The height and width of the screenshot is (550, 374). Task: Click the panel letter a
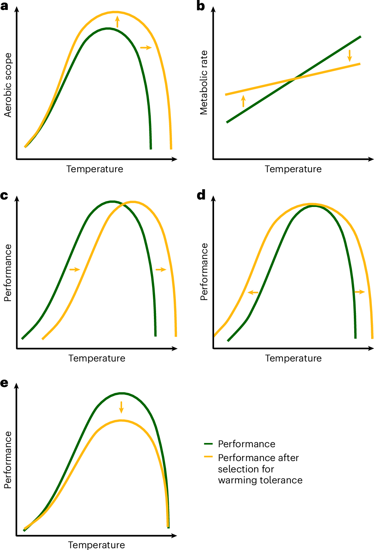point(4,6)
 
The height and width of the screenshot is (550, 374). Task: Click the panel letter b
point(201,6)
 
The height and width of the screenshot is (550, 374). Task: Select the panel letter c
point(4,195)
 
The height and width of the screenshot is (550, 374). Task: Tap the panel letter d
point(201,195)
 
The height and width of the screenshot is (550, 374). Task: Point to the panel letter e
point(4,383)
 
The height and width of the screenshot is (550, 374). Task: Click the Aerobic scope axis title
point(8,85)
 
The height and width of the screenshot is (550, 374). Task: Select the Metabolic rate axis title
point(204,83)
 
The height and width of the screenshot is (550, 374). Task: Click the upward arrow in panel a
point(117,21)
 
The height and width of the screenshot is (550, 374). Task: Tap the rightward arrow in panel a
point(146,47)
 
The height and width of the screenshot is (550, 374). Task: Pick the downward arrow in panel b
point(350,56)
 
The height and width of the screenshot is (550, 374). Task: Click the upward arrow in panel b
point(243,101)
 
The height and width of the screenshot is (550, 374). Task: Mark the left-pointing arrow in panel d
point(253,292)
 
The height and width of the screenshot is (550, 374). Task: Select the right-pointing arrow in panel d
point(359,292)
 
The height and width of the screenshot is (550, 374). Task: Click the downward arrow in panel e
point(121,407)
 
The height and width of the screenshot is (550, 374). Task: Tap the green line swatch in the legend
point(208,444)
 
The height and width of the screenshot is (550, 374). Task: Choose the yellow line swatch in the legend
point(208,457)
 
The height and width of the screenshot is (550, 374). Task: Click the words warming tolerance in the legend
point(260,480)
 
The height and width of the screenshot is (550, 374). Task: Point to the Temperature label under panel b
point(293,169)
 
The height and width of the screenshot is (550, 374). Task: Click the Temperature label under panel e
point(96,545)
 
